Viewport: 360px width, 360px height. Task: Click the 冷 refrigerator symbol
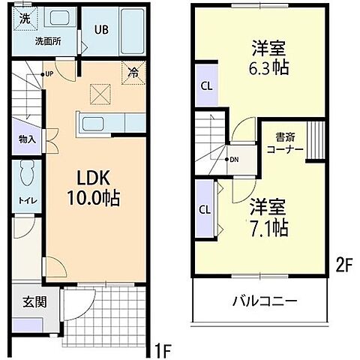(132, 73)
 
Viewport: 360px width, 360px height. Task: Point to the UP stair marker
(48, 74)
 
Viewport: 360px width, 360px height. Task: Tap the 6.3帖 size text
(268, 67)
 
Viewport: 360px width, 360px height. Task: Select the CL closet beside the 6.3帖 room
(205, 85)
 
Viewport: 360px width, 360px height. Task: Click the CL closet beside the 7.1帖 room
(204, 209)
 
